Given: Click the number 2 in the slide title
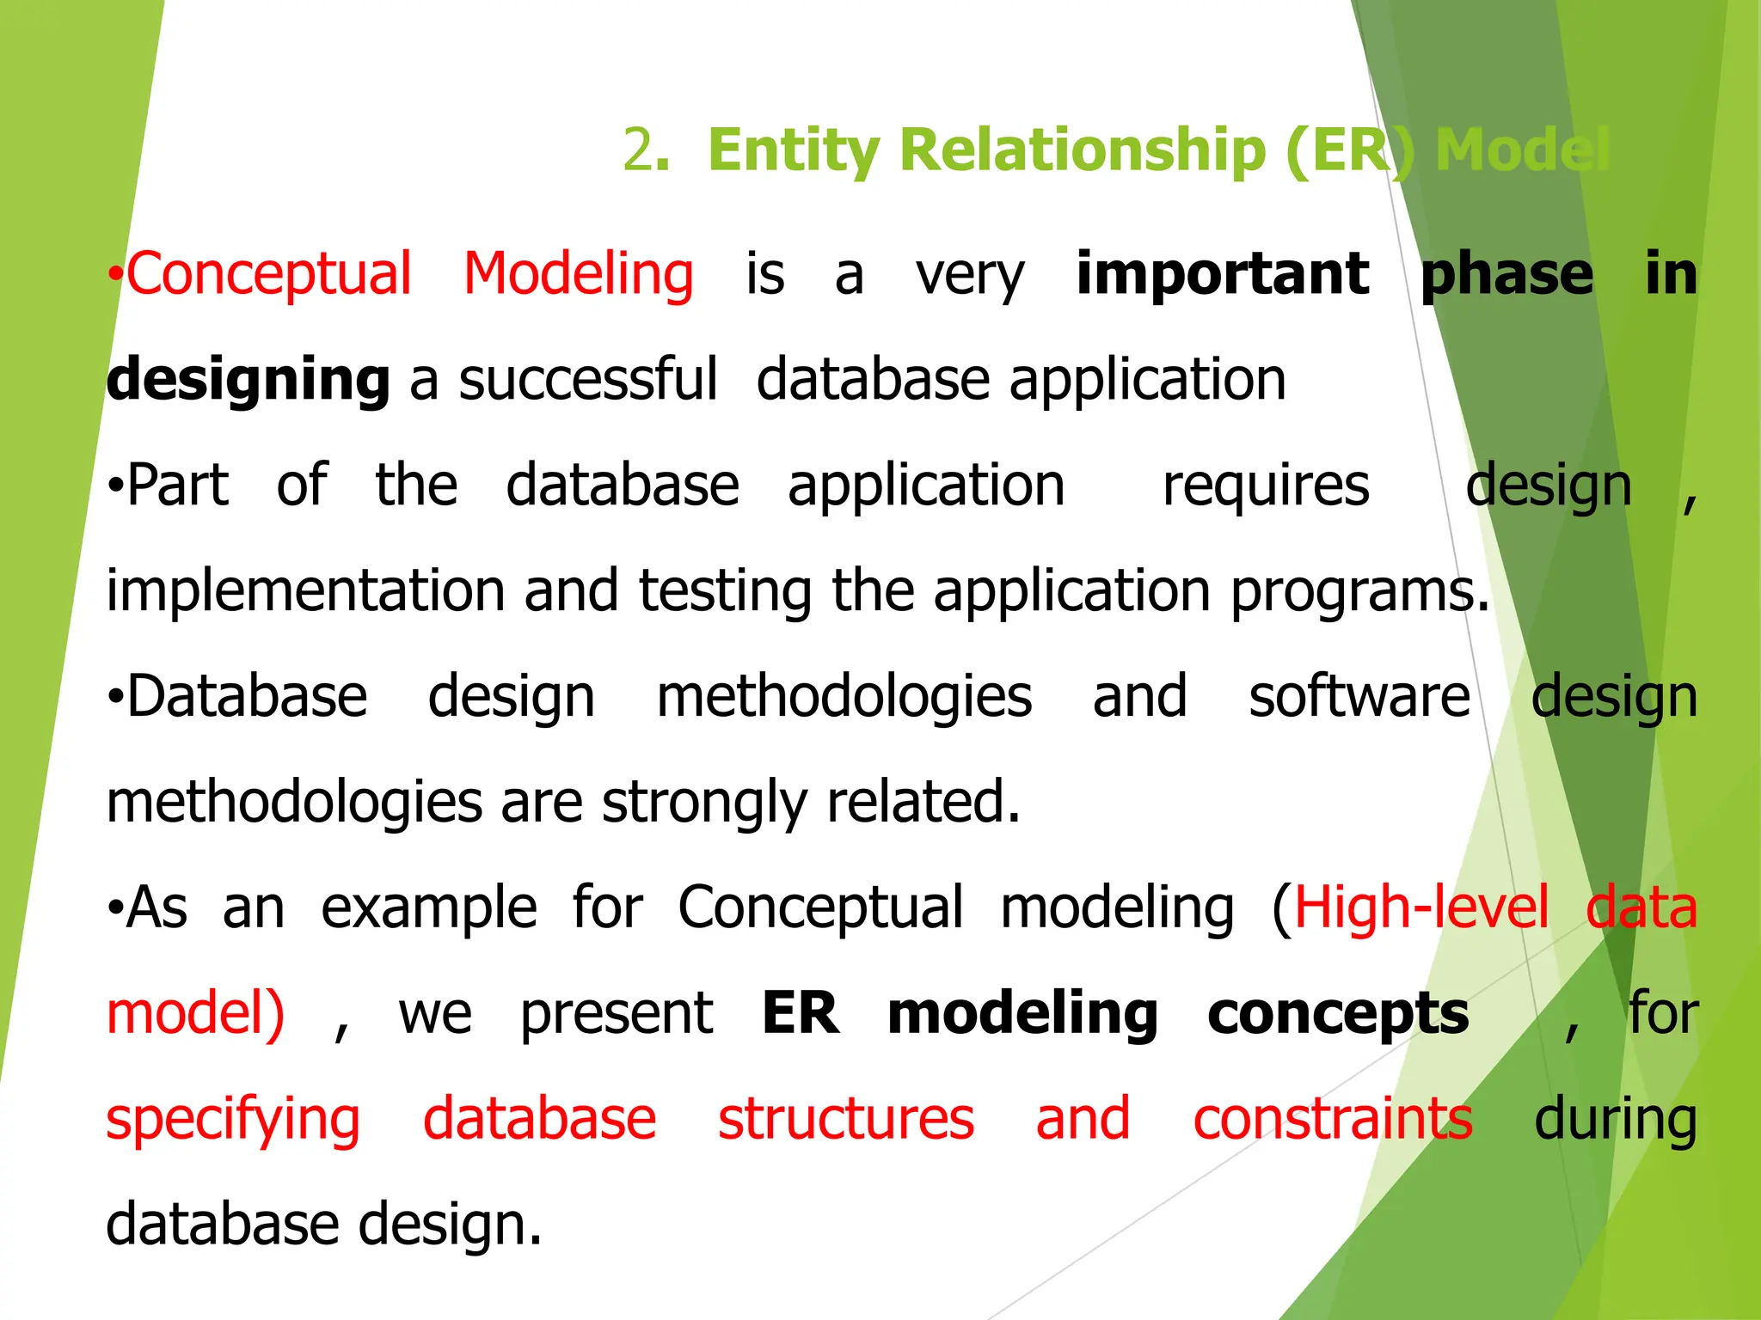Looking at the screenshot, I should [638, 150].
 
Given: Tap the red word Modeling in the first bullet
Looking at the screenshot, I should [579, 275].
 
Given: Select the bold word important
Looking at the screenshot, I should [1222, 275].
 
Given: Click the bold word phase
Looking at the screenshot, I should [1506, 275].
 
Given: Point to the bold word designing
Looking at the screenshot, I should [248, 381].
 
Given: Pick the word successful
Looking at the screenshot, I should [588, 379].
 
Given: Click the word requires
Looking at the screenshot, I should [1265, 486].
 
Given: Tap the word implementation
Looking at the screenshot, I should [305, 592].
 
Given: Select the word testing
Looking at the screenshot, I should [725, 592].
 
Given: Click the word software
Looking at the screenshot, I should [1359, 696].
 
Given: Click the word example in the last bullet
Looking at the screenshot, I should [428, 908].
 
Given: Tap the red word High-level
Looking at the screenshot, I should [1420, 908].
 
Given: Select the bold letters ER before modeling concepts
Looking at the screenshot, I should [801, 1013].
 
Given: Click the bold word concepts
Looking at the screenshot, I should [1337, 1015].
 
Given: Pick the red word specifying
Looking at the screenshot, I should [233, 1121].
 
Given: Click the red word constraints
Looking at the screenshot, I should [1332, 1119].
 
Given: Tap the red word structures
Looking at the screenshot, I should [845, 1119].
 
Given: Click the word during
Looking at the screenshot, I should [1615, 1121].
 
